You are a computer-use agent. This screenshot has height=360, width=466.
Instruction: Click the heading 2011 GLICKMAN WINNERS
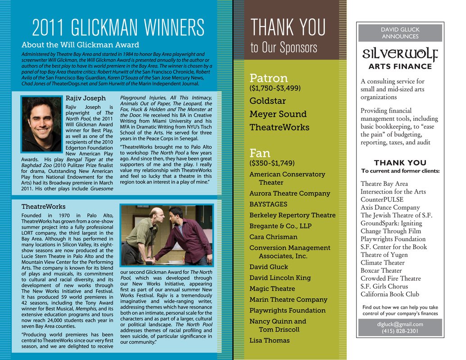118,28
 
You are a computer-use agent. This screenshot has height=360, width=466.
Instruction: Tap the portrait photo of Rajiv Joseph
41,123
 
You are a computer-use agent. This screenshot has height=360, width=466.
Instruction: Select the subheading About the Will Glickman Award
80,45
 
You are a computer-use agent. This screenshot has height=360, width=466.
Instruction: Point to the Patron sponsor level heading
268,78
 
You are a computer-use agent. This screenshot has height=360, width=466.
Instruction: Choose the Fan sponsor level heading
260,153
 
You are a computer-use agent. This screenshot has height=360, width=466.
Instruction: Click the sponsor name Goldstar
267,101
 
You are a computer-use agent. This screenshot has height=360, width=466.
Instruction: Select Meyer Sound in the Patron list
278,114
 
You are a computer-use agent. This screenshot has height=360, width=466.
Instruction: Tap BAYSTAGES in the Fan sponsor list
268,204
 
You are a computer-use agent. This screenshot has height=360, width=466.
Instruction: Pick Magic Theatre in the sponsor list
272,289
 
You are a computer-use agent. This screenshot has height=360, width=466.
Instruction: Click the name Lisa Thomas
269,341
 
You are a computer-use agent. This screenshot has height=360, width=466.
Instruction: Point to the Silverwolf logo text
400,54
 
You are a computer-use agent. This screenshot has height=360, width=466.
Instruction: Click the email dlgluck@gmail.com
400,324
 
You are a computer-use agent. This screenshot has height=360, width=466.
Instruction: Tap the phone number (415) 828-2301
400,331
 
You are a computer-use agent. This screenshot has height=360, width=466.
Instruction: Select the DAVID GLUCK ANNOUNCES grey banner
400,33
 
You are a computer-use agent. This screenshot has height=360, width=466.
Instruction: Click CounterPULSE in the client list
382,199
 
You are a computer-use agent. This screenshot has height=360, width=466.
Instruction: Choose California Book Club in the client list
389,294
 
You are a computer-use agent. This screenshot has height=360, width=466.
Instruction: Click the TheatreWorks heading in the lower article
43,207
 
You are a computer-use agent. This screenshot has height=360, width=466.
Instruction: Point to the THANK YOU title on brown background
288,28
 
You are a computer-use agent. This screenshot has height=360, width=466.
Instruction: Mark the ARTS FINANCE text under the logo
400,67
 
